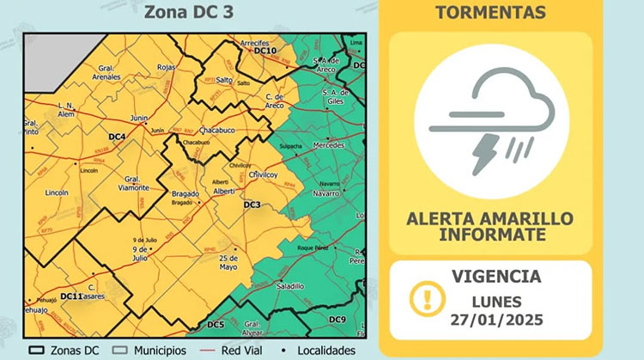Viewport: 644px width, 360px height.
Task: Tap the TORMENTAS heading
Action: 490,13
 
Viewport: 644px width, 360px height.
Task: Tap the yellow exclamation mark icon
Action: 422,298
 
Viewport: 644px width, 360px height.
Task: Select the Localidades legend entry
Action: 319,351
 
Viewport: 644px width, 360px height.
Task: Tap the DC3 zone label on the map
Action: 252,204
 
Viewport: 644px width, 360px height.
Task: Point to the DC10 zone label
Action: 265,52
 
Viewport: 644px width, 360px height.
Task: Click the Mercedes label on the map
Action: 329,146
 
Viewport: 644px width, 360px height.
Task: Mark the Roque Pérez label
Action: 313,247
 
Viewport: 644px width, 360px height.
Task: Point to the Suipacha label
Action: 291,147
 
